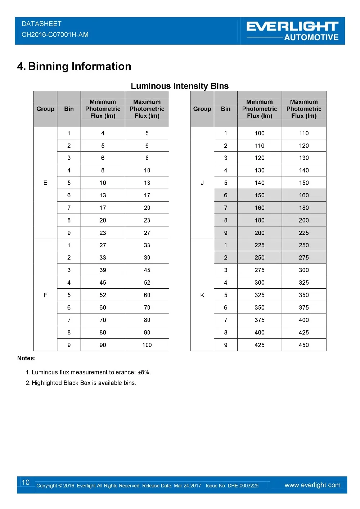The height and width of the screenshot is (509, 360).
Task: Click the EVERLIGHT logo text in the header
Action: (x=292, y=26)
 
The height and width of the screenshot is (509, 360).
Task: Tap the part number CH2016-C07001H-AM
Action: (x=55, y=35)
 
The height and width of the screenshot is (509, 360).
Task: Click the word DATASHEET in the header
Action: (x=41, y=24)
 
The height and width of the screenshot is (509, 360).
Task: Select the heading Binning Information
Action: (x=79, y=66)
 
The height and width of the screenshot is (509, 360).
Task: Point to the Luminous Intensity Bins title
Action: (x=180, y=86)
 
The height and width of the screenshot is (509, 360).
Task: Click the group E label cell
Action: (x=45, y=183)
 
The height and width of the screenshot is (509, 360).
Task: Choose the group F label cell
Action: (x=45, y=295)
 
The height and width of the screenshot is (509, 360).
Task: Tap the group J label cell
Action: (x=202, y=183)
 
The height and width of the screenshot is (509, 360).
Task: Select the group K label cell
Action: (x=202, y=295)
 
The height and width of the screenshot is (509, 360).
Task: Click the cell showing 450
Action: (x=304, y=345)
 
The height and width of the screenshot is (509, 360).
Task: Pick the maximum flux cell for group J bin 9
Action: (x=304, y=233)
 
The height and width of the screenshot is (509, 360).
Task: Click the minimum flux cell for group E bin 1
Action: (x=103, y=133)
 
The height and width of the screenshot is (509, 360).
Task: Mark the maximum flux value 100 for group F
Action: (x=147, y=345)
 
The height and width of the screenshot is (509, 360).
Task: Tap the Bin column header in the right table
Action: (x=226, y=109)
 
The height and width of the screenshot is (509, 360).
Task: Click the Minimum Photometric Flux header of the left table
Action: (x=103, y=109)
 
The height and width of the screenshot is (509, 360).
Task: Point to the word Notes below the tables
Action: (x=26, y=358)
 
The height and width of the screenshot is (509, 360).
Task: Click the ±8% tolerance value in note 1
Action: (x=144, y=372)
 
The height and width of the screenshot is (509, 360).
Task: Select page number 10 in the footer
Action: (x=26, y=482)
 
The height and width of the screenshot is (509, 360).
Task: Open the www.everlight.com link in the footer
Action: (x=312, y=485)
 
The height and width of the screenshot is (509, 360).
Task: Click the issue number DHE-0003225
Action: (x=243, y=486)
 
